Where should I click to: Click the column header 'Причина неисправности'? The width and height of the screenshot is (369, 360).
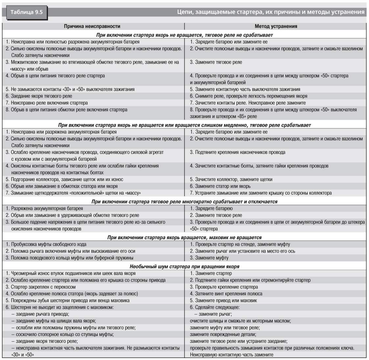(x=92, y=26)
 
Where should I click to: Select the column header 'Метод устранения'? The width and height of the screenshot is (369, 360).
(x=276, y=26)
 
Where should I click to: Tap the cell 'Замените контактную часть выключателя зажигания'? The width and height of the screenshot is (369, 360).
(x=245, y=89)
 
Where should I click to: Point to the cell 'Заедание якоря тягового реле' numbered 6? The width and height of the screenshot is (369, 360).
(x=39, y=96)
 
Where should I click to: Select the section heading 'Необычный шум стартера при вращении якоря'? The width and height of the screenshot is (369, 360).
(x=184, y=266)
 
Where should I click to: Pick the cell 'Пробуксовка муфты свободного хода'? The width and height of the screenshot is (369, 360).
(x=46, y=244)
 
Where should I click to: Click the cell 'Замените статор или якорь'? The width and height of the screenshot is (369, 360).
(x=220, y=186)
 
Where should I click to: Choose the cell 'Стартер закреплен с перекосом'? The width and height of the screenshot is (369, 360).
(x=43, y=287)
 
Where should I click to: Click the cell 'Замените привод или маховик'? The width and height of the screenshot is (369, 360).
(x=223, y=300)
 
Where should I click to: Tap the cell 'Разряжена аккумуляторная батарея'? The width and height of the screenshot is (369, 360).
(x=44, y=208)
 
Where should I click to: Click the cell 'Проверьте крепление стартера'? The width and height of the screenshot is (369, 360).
(x=224, y=287)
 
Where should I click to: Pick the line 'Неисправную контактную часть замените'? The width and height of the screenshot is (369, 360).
(x=231, y=355)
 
